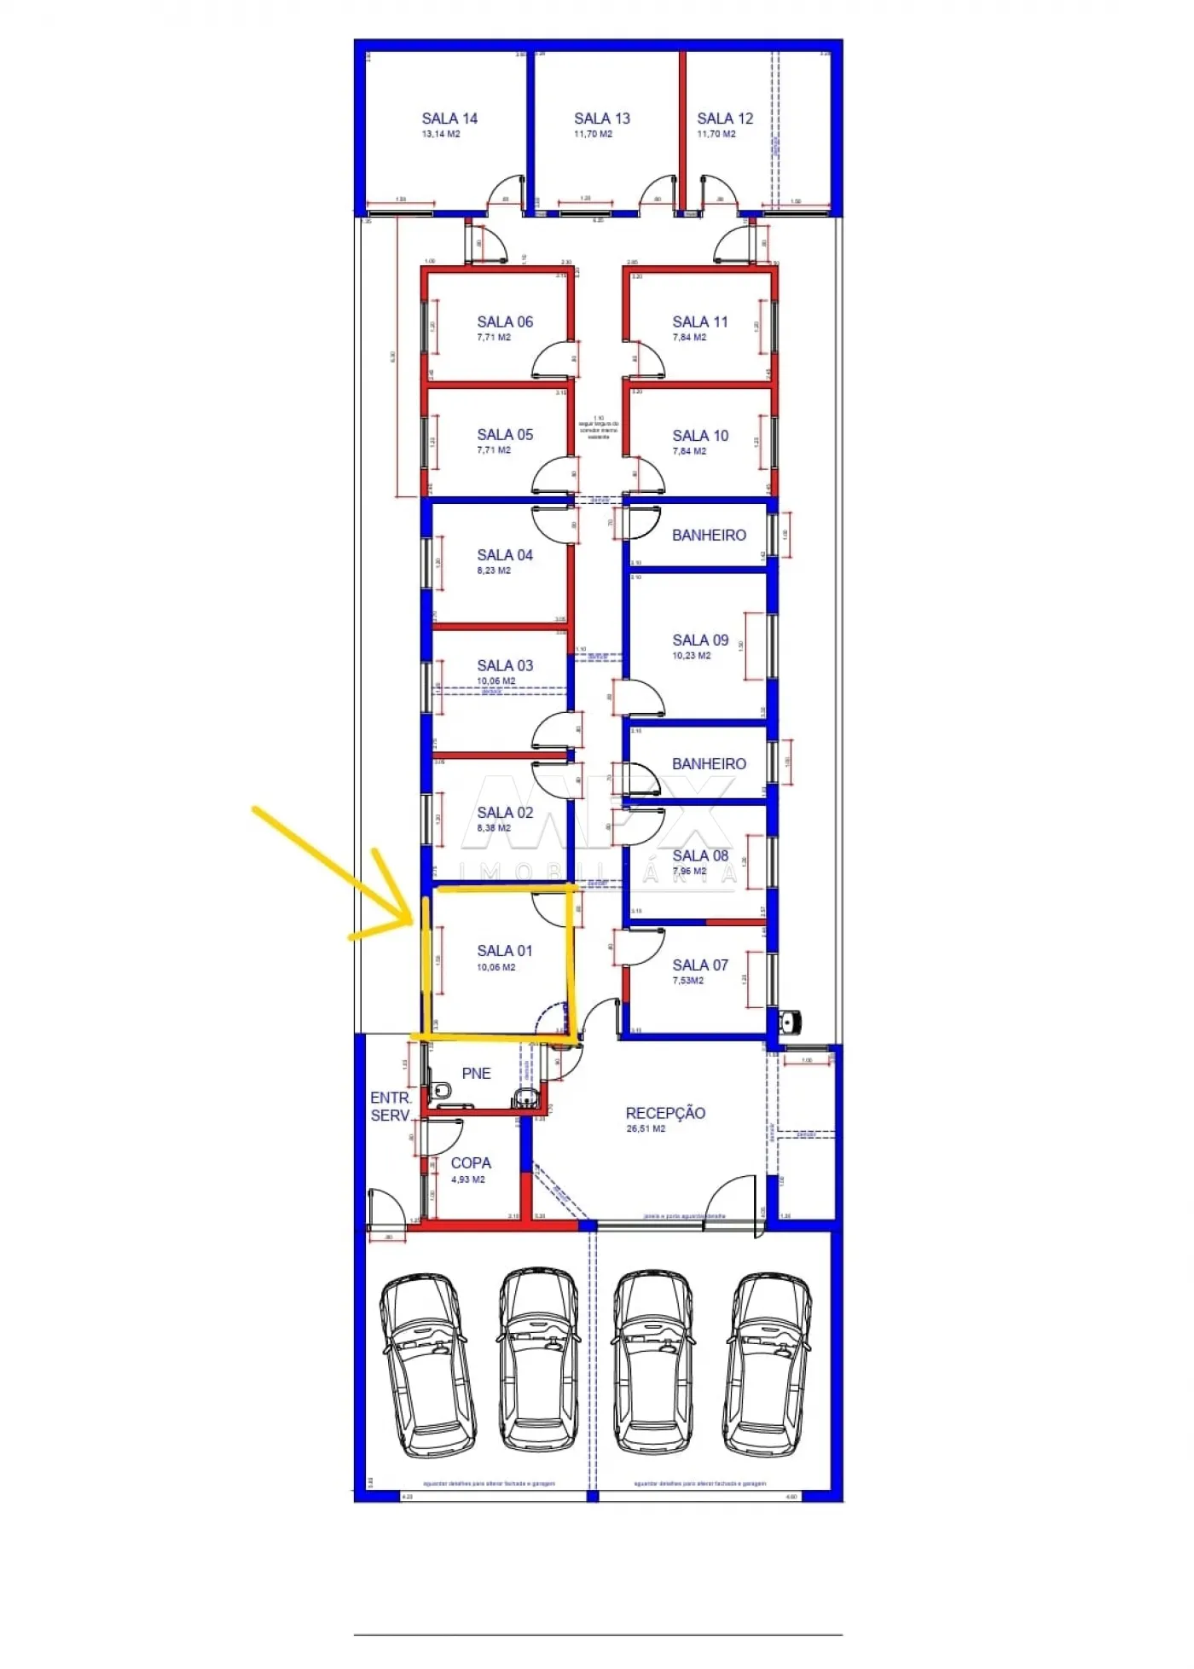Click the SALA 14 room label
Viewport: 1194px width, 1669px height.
[x=449, y=119]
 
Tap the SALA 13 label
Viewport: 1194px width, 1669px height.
[x=601, y=119]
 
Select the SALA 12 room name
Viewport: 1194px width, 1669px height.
[x=725, y=119]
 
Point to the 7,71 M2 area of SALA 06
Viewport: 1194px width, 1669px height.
[x=494, y=338]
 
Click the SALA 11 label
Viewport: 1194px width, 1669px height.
[x=700, y=322]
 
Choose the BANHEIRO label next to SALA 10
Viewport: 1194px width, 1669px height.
[x=709, y=536]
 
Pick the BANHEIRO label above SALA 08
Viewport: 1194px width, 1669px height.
[x=709, y=764]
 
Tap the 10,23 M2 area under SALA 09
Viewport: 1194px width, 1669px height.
[x=691, y=656]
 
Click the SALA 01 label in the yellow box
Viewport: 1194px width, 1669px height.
[x=505, y=951]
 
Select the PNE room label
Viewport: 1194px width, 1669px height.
[x=476, y=1074]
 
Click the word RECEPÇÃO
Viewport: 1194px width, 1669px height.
[x=665, y=1113]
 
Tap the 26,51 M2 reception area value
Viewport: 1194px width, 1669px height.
[x=646, y=1129]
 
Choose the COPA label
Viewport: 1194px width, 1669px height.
[x=471, y=1163]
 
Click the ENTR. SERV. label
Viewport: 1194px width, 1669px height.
[x=391, y=1107]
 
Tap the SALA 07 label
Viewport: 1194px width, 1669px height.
[x=700, y=965]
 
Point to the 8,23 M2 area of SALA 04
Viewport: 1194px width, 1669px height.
[x=494, y=571]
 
